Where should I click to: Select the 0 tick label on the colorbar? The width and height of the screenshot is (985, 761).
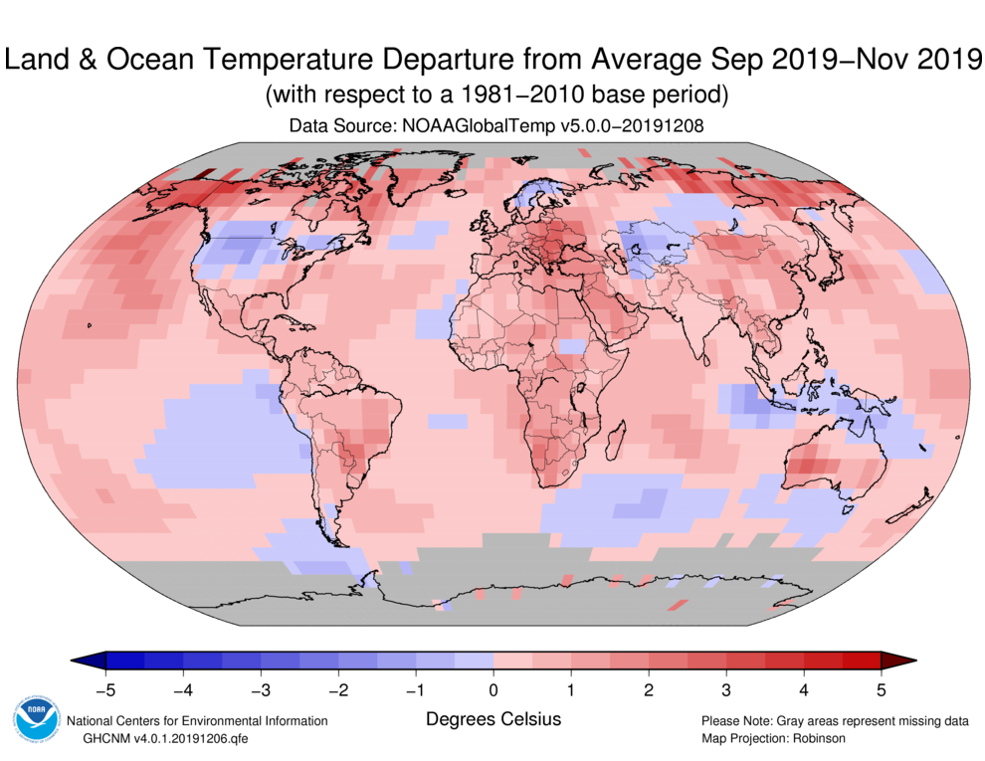[493, 687]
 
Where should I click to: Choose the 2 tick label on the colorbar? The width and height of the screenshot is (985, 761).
[649, 687]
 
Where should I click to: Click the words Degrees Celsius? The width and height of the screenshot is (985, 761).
[493, 718]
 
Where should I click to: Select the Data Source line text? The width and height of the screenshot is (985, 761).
[493, 126]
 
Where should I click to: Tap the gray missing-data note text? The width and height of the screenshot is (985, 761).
[834, 720]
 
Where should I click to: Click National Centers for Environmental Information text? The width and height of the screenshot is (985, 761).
[196, 720]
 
